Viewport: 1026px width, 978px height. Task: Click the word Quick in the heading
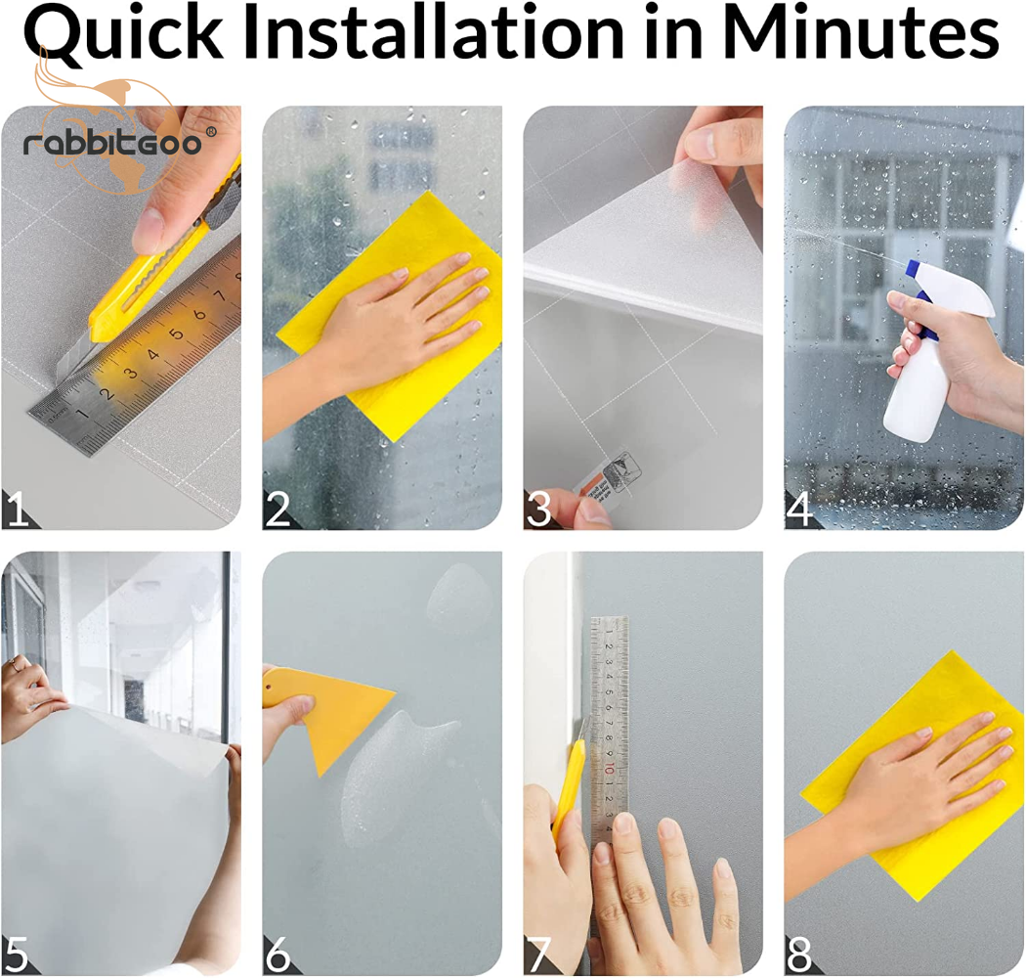(123, 32)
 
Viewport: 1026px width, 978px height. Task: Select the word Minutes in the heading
(861, 31)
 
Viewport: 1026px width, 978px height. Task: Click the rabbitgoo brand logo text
(112, 142)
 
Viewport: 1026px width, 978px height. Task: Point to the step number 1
(17, 509)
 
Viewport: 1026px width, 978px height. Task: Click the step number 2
(277, 509)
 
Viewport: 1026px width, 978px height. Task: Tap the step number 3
(538, 509)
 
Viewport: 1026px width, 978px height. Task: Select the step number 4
(799, 509)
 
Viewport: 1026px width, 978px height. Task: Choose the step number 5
(17, 955)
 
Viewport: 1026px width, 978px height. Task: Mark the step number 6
(278, 955)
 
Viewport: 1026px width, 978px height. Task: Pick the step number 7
(539, 955)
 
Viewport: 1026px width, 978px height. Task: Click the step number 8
(799, 955)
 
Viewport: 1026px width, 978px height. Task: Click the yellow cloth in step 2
(393, 315)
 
